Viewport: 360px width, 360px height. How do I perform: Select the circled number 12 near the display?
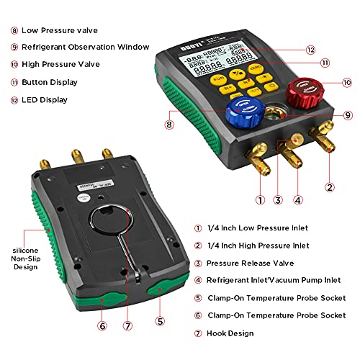[310, 50]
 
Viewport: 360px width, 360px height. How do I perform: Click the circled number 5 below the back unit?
[160, 322]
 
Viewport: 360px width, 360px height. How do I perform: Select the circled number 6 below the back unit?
[102, 325]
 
